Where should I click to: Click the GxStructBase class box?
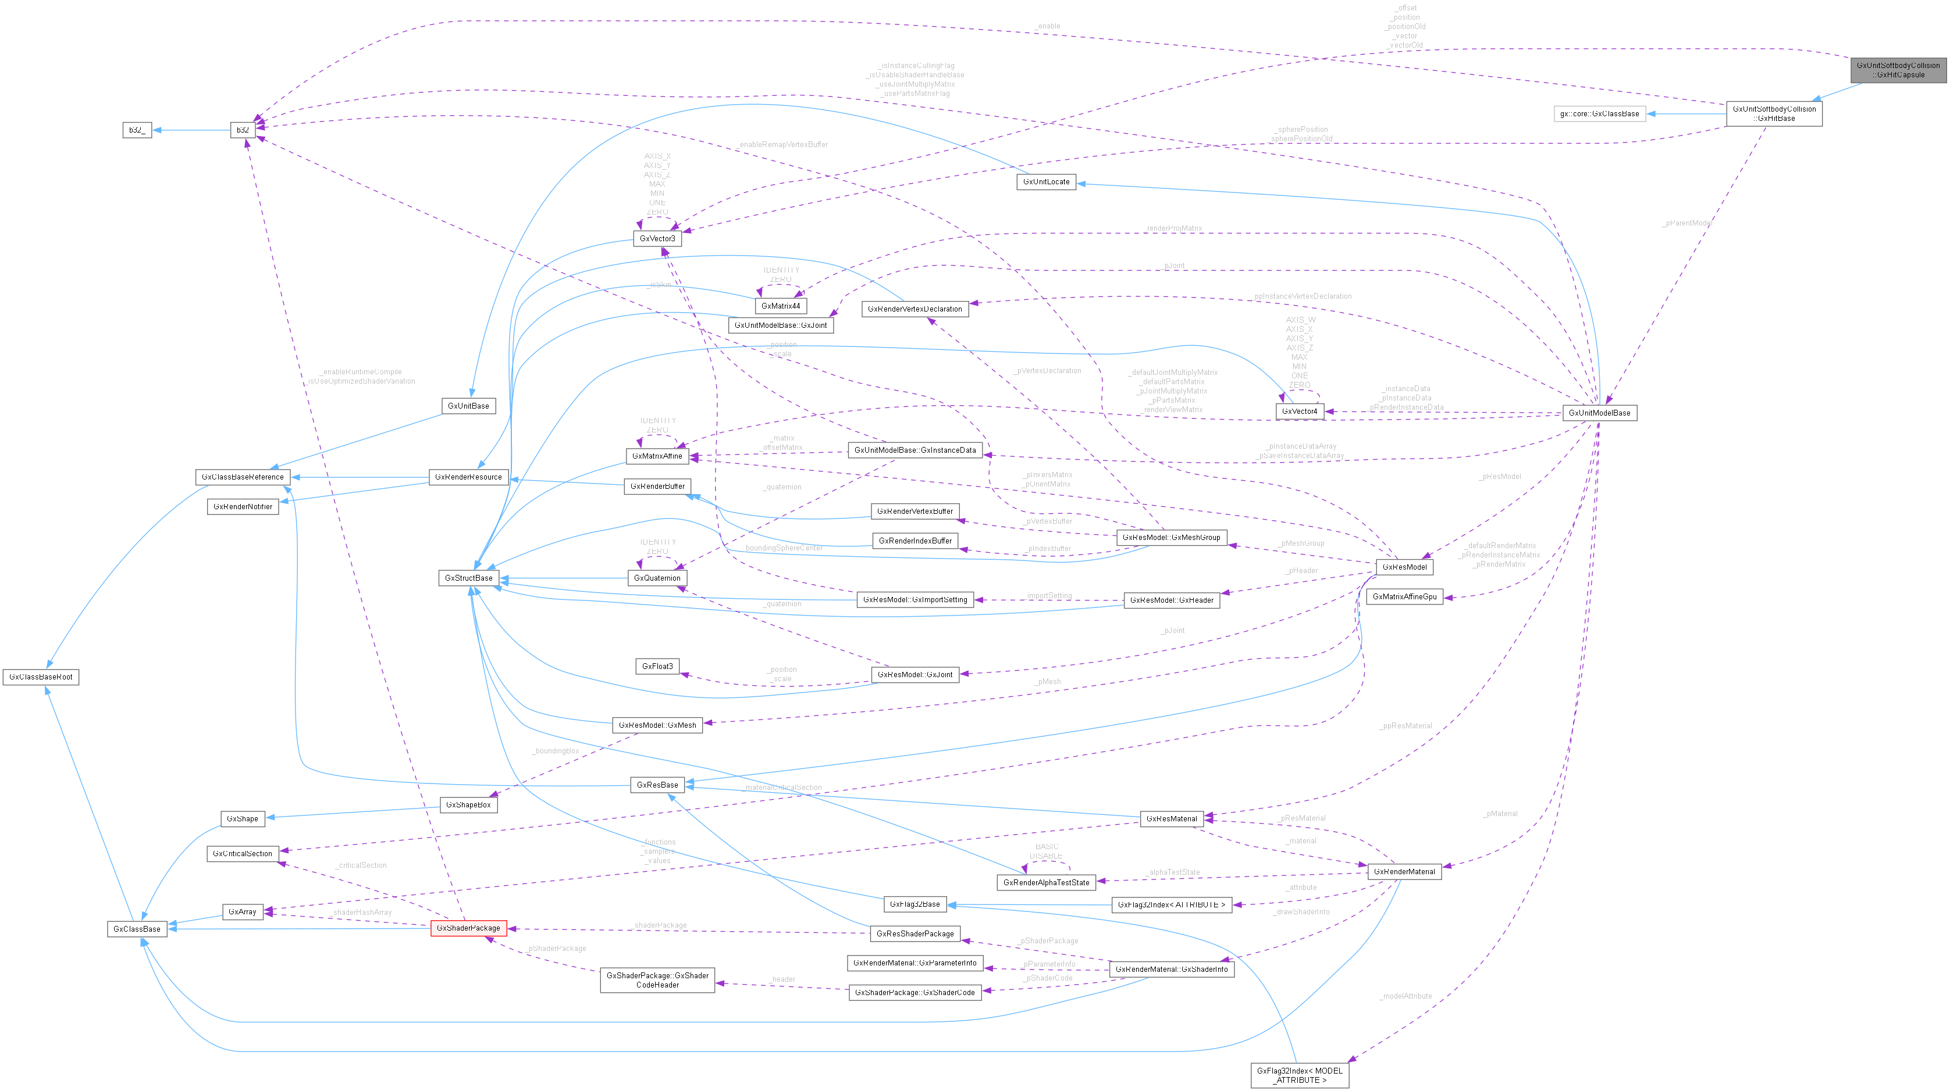(468, 578)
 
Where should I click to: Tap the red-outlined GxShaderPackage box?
(468, 928)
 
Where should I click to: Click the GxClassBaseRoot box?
(41, 677)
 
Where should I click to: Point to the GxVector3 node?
(657, 239)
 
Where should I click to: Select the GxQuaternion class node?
(657, 578)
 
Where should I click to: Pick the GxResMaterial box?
(1171, 818)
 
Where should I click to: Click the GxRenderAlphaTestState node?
(1046, 883)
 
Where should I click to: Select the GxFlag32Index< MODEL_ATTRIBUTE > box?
(1299, 1075)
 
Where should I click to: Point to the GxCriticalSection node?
(242, 853)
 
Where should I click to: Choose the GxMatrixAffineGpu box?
(1404, 597)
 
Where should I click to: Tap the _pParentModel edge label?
(1687, 223)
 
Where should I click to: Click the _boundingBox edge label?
(556, 752)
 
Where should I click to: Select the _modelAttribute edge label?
(1405, 996)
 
